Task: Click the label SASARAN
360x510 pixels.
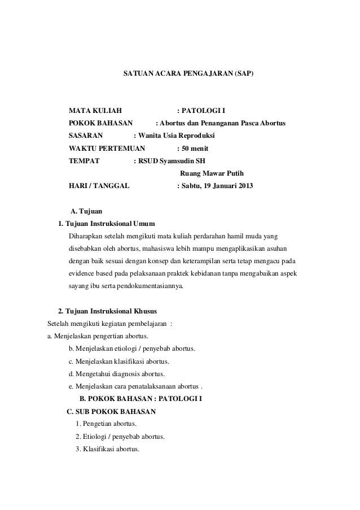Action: tap(86, 137)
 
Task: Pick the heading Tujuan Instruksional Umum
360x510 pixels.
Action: tap(110, 225)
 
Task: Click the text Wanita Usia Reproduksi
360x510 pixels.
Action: tap(175, 137)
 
